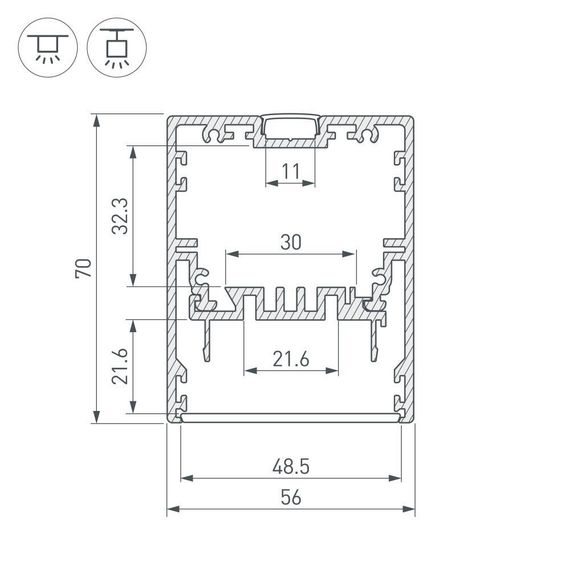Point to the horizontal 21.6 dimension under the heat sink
click(x=290, y=357)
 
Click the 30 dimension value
click(x=290, y=242)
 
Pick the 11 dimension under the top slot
click(x=290, y=171)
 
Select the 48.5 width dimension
click(x=290, y=465)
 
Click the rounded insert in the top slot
click(x=290, y=128)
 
